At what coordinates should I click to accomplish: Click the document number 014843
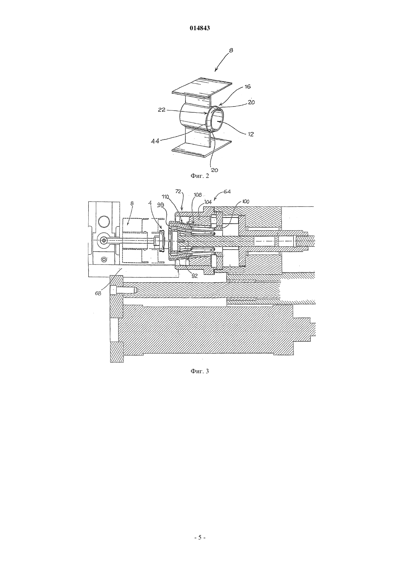coord(200,28)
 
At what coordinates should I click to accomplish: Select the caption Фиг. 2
coord(200,176)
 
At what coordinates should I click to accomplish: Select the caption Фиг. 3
coord(200,371)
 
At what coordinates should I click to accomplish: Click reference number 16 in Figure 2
coord(248,87)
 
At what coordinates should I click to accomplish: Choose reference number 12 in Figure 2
coord(251,134)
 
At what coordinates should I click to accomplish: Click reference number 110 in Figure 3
coord(165,196)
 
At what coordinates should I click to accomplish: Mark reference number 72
coord(178,192)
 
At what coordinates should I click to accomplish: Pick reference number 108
coord(198,195)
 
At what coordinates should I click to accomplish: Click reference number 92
coord(195,276)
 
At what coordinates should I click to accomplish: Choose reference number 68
coord(98,293)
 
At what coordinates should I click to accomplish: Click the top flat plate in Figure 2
coord(202,88)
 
